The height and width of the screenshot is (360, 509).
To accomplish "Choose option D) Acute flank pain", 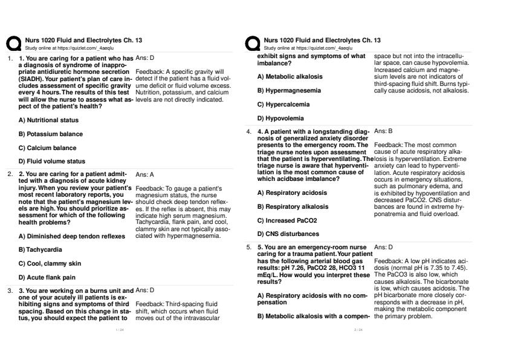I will pyautogui.click(x=47, y=277).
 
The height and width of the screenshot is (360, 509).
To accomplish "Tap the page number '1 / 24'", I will pyautogui.click(x=119, y=330).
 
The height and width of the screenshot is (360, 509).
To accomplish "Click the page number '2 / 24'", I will pyautogui.click(x=358, y=330).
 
